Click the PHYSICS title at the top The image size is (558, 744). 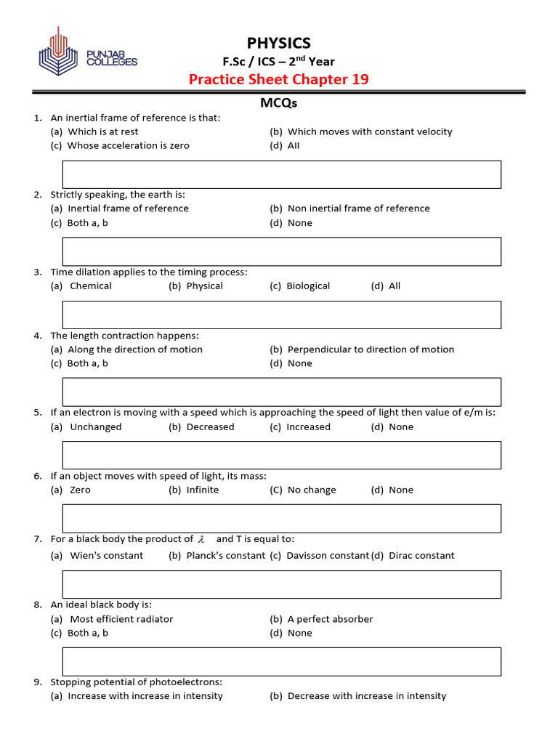click(x=278, y=43)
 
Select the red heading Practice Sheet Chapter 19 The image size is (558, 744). click(x=278, y=79)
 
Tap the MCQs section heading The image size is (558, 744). click(x=278, y=103)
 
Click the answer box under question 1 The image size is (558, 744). click(x=282, y=174)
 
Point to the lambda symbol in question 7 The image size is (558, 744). click(x=201, y=540)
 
